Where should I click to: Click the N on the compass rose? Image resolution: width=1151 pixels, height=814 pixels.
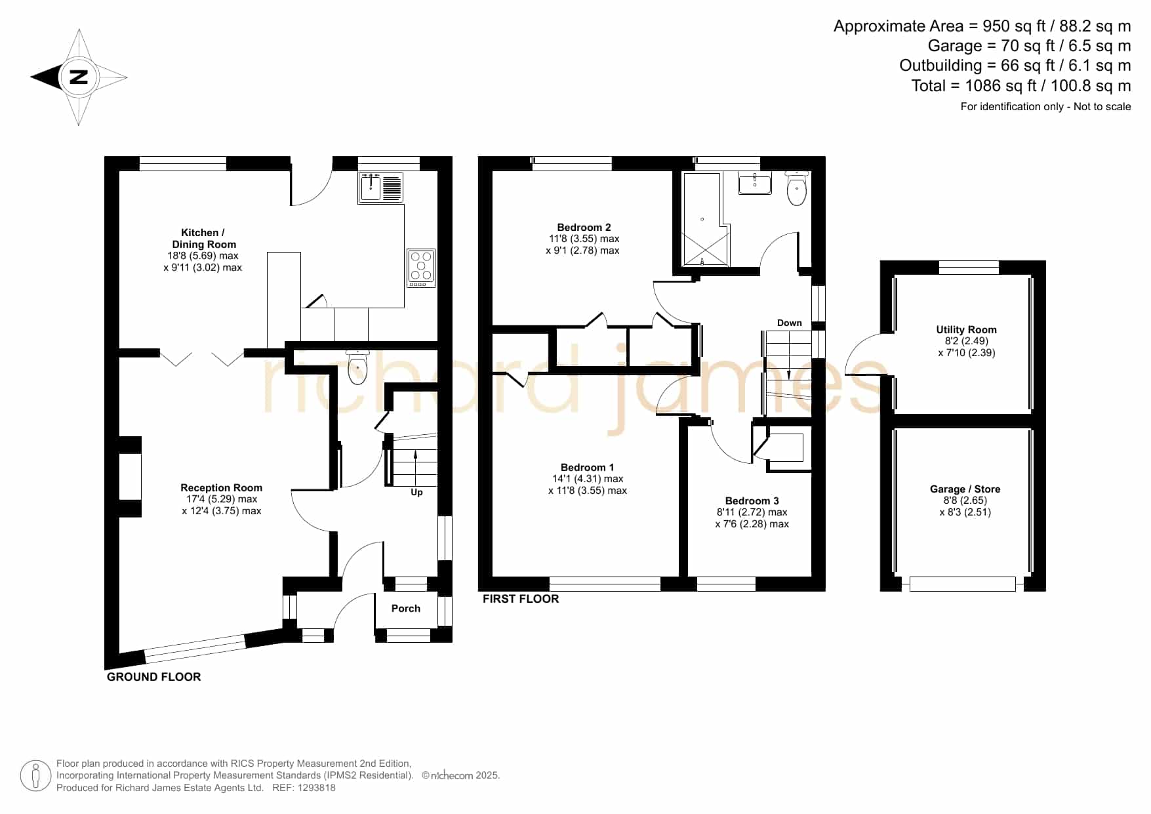79,77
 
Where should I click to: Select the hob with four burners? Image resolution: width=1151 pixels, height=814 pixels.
421,268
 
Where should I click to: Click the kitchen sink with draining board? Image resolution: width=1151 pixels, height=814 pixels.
380,187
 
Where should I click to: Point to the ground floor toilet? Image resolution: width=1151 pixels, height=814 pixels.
357,367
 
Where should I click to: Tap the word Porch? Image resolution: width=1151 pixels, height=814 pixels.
406,608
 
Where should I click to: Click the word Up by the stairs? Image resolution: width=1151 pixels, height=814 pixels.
416,492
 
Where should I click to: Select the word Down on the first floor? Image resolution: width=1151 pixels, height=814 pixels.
790,323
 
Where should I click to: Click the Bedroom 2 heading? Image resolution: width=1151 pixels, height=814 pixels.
584,227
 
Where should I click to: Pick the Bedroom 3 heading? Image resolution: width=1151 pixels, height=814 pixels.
752,500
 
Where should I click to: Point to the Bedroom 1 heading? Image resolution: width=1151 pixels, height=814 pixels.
588,467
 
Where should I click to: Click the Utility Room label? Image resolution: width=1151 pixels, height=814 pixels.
966,329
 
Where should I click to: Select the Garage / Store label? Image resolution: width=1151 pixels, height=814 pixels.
965,489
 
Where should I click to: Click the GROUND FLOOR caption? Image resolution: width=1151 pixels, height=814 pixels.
154,677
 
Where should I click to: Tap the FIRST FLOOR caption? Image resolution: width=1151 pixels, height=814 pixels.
521,599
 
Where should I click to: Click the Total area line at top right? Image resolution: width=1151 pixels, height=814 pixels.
1021,86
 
